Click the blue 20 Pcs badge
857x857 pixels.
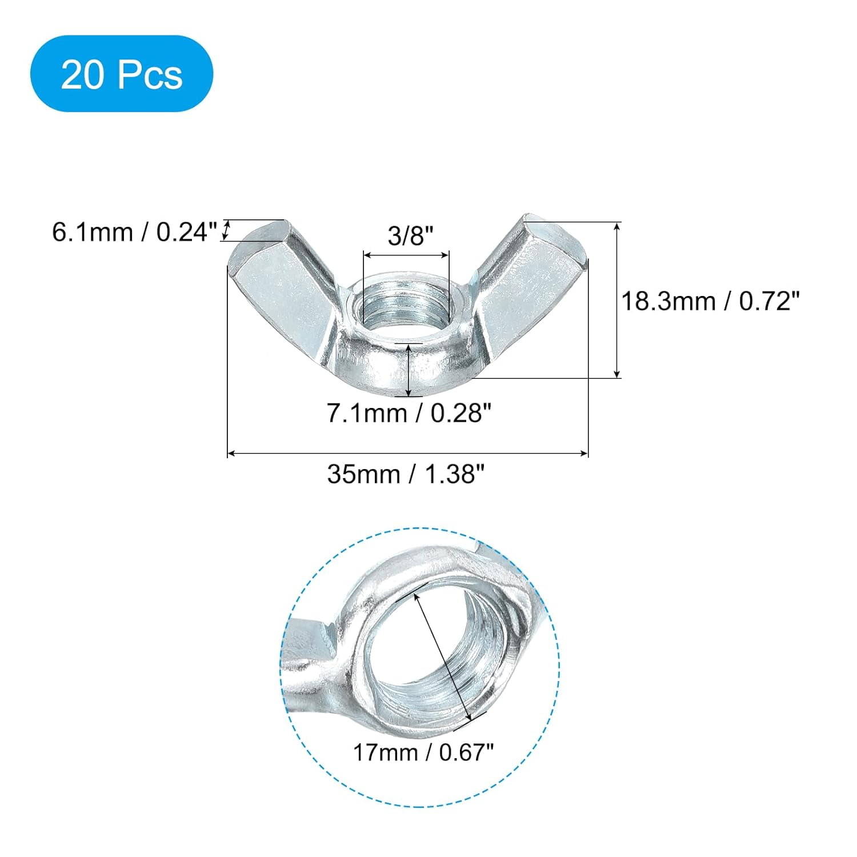[122, 74]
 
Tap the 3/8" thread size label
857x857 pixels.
[406, 235]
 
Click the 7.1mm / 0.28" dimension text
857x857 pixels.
[409, 413]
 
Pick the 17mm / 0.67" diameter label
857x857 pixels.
[423, 752]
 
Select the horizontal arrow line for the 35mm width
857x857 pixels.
[407, 454]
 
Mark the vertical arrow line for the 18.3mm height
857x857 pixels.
[617, 300]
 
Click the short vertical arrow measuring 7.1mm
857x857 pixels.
[409, 370]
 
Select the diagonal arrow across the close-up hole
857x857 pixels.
[444, 657]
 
